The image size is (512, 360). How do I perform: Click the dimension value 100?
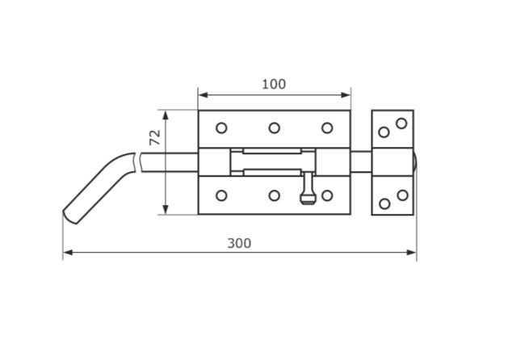click(274, 84)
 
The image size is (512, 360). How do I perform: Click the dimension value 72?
click(155, 137)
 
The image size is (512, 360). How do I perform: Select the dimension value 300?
click(239, 244)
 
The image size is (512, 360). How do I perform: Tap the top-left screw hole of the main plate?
click(221, 128)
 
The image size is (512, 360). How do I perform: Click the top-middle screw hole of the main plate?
click(275, 128)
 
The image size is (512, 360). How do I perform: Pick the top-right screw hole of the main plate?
click(327, 128)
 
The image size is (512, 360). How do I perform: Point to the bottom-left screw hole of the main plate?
click(221, 195)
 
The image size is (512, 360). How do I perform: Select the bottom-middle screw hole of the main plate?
click(275, 195)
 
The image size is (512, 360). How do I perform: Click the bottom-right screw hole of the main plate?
click(327, 195)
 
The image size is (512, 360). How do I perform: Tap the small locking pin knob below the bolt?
click(308, 198)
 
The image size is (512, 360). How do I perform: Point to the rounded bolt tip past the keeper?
click(415, 162)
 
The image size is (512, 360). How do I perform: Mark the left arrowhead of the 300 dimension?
click(68, 253)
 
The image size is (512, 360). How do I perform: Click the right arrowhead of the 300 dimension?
click(411, 253)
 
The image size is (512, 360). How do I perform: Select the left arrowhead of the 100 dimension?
click(203, 95)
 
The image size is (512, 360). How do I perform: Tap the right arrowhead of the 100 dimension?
click(346, 95)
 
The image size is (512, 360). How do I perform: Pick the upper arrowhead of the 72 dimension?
click(166, 115)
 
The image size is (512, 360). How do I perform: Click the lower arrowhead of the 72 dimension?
click(166, 210)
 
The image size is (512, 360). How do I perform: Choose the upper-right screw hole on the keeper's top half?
click(401, 123)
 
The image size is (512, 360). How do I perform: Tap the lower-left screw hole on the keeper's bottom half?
click(384, 204)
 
